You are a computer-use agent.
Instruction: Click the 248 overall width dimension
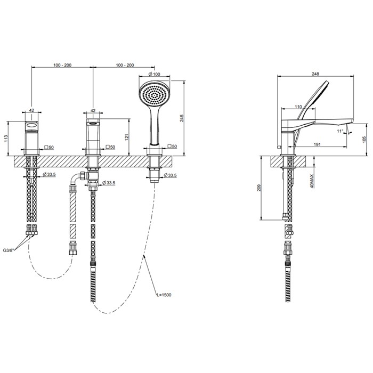315,74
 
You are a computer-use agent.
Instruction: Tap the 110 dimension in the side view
298,107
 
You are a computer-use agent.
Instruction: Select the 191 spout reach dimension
318,144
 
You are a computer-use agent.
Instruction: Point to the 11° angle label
340,131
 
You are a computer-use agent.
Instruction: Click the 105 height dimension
364,140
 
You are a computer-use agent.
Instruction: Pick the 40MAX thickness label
312,181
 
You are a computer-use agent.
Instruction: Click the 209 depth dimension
260,188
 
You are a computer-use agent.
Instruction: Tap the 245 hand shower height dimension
182,118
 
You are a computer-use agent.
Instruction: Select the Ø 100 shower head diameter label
154,74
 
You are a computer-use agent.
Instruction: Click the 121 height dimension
127,137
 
